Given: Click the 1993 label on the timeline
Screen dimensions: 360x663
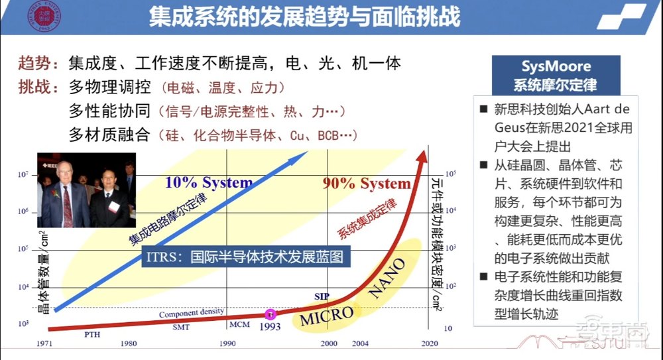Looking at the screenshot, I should point(271,326).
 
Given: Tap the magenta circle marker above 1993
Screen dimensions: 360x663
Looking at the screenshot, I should point(271,314).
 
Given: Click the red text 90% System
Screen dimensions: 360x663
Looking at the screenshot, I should point(366,184).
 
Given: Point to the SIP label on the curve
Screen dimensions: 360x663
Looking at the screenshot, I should point(322,296).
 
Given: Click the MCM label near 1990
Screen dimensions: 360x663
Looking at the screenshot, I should point(240,325).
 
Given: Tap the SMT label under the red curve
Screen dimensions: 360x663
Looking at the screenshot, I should point(181,327).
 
